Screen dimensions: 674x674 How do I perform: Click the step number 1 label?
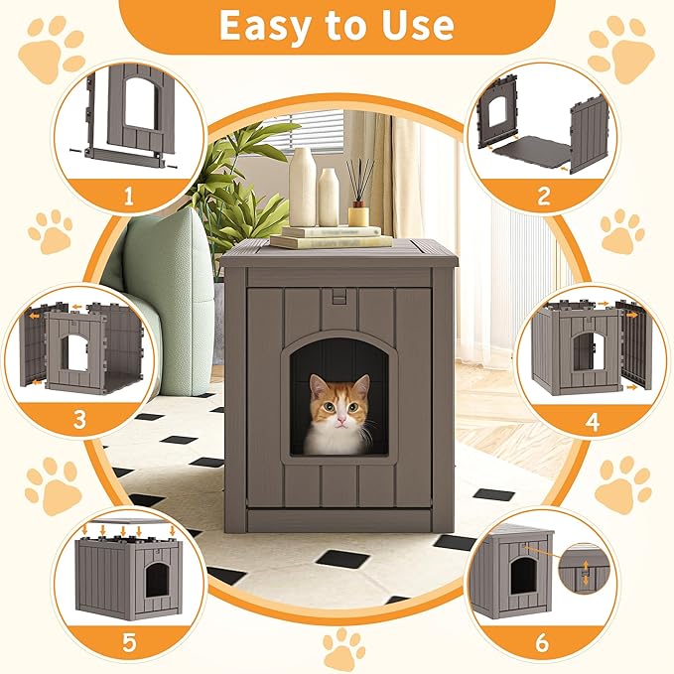pos(127,196)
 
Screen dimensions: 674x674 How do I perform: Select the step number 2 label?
pos(543,196)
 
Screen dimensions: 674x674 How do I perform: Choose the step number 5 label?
pos(128,642)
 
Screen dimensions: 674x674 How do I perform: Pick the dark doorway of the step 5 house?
pos(157,579)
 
